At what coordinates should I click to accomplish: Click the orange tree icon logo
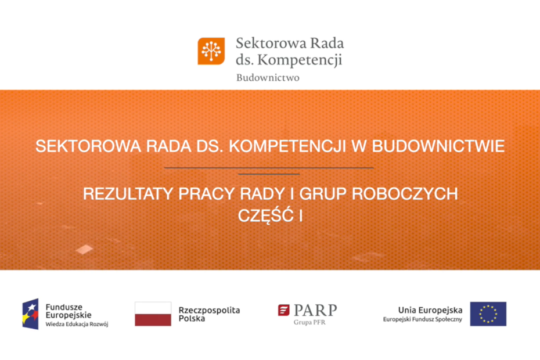coord(211,51)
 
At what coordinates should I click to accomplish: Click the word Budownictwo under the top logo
coord(268,77)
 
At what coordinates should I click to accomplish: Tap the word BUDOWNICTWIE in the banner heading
coord(438,146)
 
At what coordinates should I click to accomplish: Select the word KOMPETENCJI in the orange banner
coord(287,146)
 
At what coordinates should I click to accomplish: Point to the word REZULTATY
coord(128,193)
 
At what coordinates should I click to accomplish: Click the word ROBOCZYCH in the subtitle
coord(405,193)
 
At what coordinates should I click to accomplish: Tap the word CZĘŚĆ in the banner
coord(265,215)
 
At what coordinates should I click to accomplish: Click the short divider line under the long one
coord(269,174)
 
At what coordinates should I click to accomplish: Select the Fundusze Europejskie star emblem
coord(30,314)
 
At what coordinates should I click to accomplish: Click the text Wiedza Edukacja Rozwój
coord(77,324)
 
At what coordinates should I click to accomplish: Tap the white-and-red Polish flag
coord(153,314)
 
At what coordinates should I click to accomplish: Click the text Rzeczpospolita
coord(209,310)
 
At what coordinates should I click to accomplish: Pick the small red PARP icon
coord(284,310)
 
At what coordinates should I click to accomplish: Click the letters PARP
coord(315,311)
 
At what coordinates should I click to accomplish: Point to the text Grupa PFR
coord(309,322)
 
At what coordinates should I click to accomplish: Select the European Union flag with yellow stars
coord(488,314)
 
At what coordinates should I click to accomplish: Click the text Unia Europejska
coord(430,310)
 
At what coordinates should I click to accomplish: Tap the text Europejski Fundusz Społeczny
coord(423,319)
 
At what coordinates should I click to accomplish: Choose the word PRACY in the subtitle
coord(206,193)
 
